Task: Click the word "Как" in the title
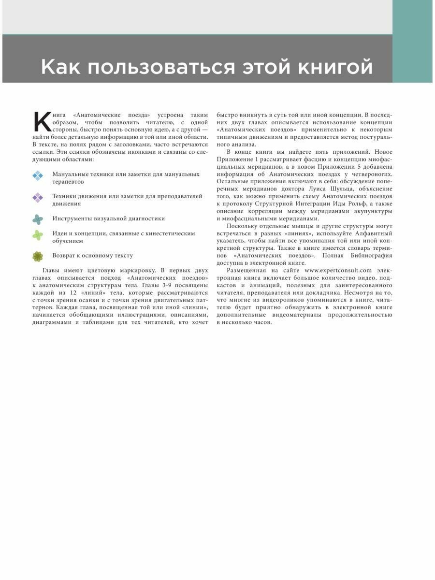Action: (x=59, y=67)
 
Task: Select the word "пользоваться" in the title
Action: (x=155, y=67)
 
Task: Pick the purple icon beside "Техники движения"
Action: (x=38, y=198)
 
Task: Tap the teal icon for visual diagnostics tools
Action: (x=38, y=219)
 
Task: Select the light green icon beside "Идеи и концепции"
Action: (x=38, y=235)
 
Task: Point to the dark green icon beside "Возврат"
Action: (x=38, y=256)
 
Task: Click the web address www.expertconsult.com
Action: (x=338, y=270)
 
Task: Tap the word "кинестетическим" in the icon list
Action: (x=169, y=233)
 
